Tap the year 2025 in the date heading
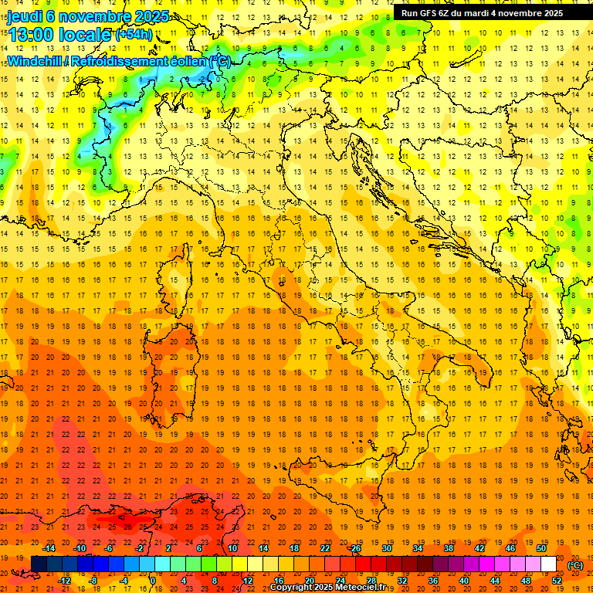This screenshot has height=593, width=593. click(150, 16)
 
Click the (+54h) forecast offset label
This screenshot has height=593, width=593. click(134, 35)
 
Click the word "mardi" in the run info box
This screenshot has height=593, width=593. click(482, 13)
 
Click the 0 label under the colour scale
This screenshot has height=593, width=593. click(153, 581)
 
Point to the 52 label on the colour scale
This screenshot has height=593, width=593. click(557, 581)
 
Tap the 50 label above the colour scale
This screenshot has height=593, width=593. click(540, 548)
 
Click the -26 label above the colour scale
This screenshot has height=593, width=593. click(354, 548)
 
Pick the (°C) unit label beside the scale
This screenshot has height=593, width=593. click(576, 565)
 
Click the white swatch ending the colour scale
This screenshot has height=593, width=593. click(548, 564)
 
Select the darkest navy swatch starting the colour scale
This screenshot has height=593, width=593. click(39, 564)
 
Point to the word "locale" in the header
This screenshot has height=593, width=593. click(87, 35)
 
